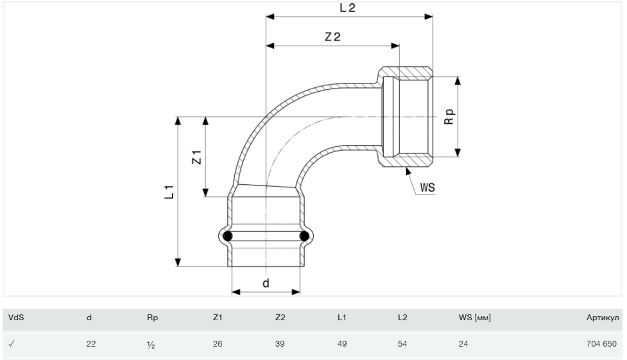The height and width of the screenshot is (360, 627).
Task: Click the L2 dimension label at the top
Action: [347, 8]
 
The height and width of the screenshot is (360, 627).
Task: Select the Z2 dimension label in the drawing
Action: [332, 37]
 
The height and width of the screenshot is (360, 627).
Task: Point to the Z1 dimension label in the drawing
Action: [198, 157]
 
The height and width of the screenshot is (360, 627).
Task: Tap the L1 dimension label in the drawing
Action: [169, 191]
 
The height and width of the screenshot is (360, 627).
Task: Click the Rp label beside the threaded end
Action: [450, 116]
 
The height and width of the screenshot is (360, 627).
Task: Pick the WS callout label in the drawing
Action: [428, 188]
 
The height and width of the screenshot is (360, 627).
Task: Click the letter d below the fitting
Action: [266, 282]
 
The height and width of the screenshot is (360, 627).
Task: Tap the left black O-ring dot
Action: [228, 237]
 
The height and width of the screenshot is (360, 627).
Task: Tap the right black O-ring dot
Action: [304, 237]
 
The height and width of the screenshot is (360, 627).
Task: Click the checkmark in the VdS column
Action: [11, 344]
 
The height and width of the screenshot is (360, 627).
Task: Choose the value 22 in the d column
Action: [91, 344]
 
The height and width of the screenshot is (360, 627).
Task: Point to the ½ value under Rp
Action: [151, 345]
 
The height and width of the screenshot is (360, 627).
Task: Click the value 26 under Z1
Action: [218, 344]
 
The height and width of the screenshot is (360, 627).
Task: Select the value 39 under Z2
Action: [280, 344]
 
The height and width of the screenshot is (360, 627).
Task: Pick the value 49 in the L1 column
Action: [342, 344]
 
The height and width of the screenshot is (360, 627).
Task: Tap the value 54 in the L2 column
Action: [402, 344]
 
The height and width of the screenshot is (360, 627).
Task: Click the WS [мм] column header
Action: [474, 317]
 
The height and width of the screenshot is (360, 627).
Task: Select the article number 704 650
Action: [601, 344]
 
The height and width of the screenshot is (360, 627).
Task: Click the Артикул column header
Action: [602, 317]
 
